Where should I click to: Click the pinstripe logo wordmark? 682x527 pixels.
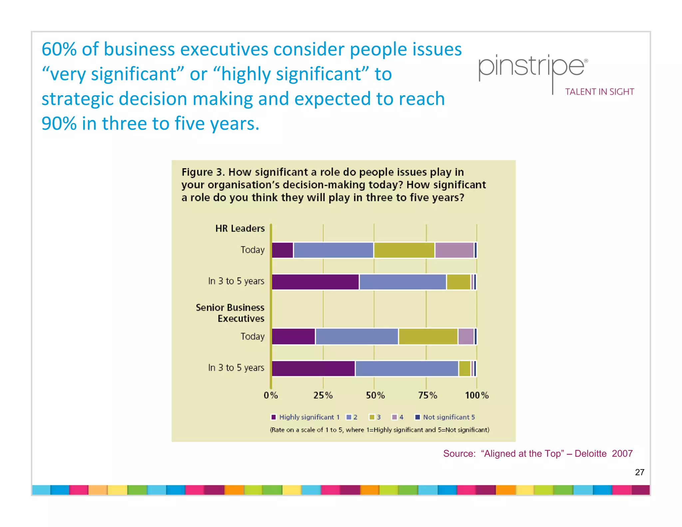[531, 68]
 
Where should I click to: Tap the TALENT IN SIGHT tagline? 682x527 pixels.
[599, 92]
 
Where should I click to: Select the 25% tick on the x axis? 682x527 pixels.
[323, 395]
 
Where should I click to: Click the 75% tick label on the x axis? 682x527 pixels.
[428, 395]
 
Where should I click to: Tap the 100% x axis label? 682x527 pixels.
[477, 395]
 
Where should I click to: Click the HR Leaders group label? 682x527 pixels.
[240, 229]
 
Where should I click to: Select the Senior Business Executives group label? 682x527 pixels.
[230, 313]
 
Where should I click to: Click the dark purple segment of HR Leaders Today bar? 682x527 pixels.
[282, 250]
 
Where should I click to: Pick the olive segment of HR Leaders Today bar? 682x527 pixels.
[404, 250]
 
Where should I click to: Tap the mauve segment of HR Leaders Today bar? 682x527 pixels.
[454, 250]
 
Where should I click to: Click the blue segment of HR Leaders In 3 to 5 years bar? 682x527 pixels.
[403, 282]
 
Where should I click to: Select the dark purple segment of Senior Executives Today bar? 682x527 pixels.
[293, 336]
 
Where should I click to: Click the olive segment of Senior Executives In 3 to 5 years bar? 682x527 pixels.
[464, 368]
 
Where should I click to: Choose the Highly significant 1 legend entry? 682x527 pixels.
[305, 417]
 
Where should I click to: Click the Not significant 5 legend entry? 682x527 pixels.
[445, 417]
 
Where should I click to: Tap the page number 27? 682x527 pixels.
[639, 472]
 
